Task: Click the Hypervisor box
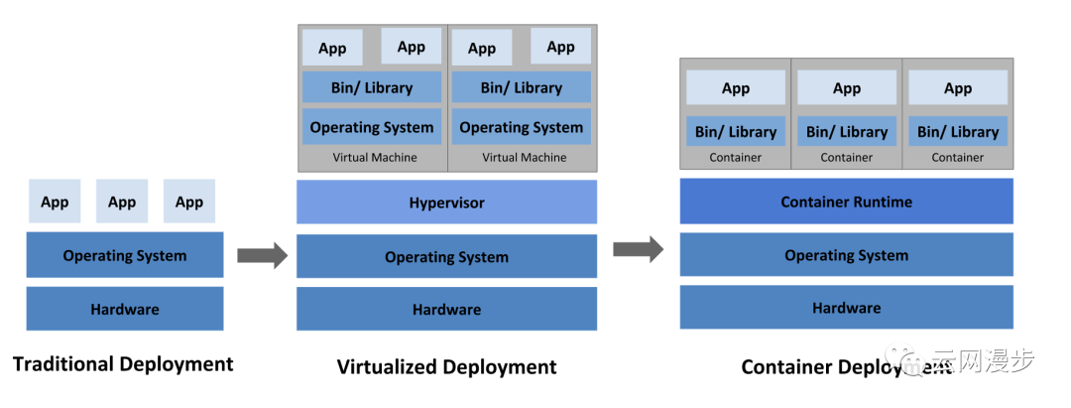pos(446,203)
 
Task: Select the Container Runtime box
pos(846,202)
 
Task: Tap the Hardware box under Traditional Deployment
pos(125,309)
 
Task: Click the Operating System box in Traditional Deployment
pos(125,255)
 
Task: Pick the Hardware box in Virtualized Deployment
pos(446,310)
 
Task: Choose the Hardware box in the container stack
pos(846,308)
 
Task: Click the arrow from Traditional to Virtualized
pos(262,256)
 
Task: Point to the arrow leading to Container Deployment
pos(638,249)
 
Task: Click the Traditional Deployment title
pos(123,363)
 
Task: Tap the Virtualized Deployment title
pos(446,366)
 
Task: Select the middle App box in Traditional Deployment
pos(122,202)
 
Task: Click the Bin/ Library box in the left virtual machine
pos(372,87)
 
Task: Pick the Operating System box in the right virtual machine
pos(522,127)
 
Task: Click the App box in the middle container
pos(847,88)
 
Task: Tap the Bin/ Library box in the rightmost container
pos(958,131)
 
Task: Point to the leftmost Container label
pos(736,157)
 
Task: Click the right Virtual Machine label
pos(525,157)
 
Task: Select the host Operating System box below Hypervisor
pos(446,256)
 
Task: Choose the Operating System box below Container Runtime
pos(846,255)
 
